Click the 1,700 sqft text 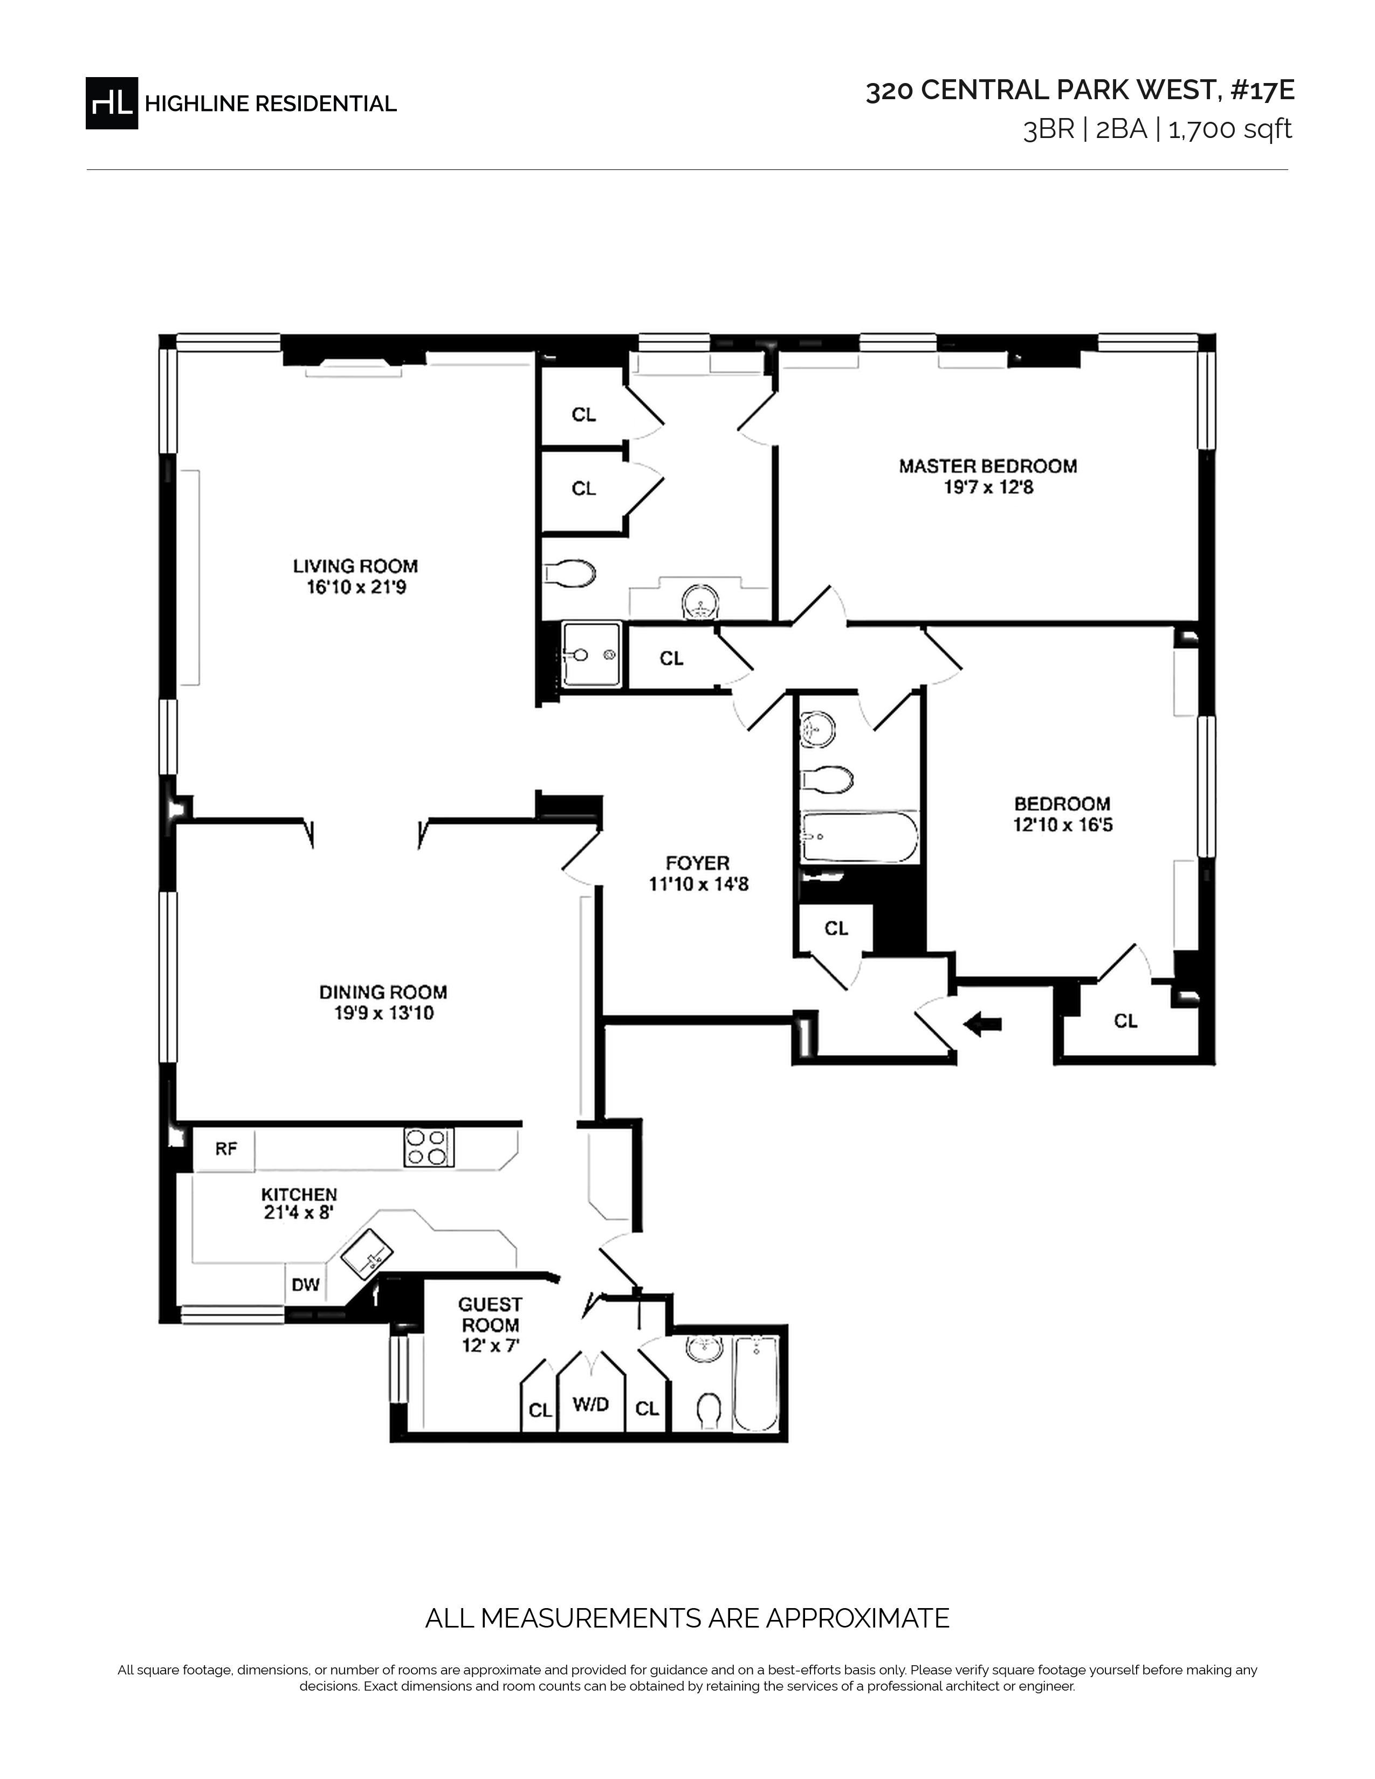pyautogui.click(x=1230, y=129)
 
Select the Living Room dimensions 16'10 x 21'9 pyautogui.click(x=356, y=587)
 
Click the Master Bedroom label pyautogui.click(x=988, y=466)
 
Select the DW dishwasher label pyautogui.click(x=305, y=1285)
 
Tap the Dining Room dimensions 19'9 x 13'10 pyautogui.click(x=383, y=1013)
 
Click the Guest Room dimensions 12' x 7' pyautogui.click(x=490, y=1345)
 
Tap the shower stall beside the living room pyautogui.click(x=592, y=655)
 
